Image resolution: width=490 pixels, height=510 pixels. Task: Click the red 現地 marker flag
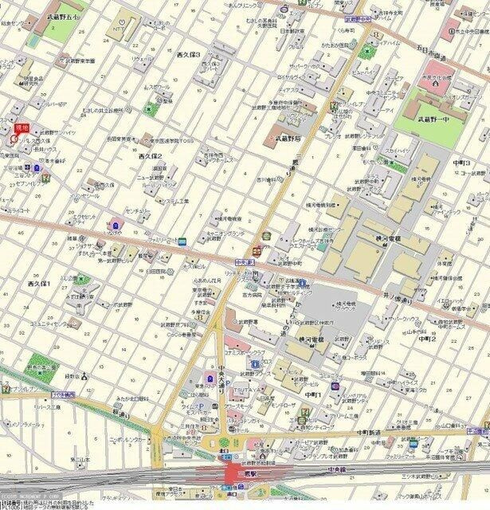22,127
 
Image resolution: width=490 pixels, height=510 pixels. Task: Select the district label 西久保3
188,54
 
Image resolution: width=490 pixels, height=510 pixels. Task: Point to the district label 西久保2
150,156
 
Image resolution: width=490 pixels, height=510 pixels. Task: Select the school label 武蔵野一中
433,120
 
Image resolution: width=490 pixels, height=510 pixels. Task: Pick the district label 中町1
313,394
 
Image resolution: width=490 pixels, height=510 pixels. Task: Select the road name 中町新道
368,431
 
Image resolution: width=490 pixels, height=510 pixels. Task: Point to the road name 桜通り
120,414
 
